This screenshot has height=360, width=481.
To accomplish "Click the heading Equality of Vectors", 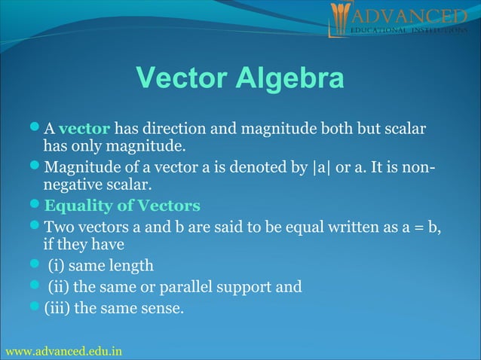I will pyautogui.click(x=122, y=206).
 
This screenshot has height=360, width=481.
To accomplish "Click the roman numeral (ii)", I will pyautogui.click(x=60, y=286).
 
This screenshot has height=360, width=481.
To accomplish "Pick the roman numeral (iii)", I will pyautogui.click(x=58, y=307).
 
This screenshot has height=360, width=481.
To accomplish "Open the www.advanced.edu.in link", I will pyautogui.click(x=63, y=352).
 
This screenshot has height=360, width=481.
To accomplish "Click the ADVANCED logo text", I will pyautogui.click(x=408, y=16).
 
